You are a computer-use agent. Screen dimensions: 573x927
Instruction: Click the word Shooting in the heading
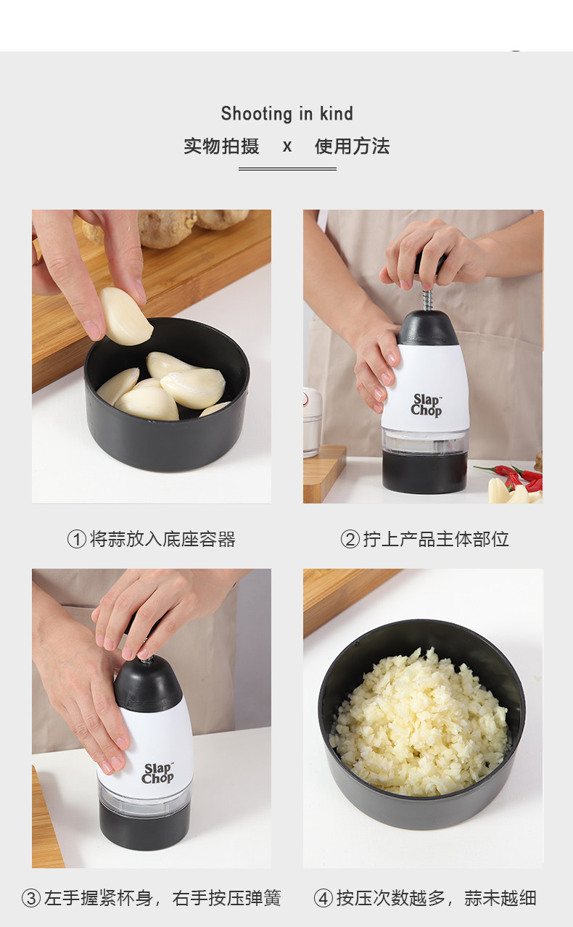(x=257, y=114)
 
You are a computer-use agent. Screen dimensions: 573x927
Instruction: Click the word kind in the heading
(x=337, y=113)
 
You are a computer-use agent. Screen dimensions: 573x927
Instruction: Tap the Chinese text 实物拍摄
(x=221, y=146)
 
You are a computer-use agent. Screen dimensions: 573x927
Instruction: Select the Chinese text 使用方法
(x=352, y=146)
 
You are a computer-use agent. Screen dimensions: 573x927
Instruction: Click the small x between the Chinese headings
(x=287, y=147)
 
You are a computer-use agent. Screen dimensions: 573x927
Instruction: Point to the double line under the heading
(x=287, y=169)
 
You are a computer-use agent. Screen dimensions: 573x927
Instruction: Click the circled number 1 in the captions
(x=77, y=539)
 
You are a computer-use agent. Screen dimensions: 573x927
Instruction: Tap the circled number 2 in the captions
(x=350, y=539)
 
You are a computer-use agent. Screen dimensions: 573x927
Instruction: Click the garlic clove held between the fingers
(x=124, y=316)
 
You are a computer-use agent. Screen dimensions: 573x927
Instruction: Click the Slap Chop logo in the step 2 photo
(x=426, y=405)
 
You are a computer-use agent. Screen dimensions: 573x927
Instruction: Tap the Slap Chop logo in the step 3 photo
(x=157, y=773)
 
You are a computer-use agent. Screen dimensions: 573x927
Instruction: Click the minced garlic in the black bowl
(x=420, y=722)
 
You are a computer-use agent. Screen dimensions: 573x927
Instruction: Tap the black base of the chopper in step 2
(x=425, y=473)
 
